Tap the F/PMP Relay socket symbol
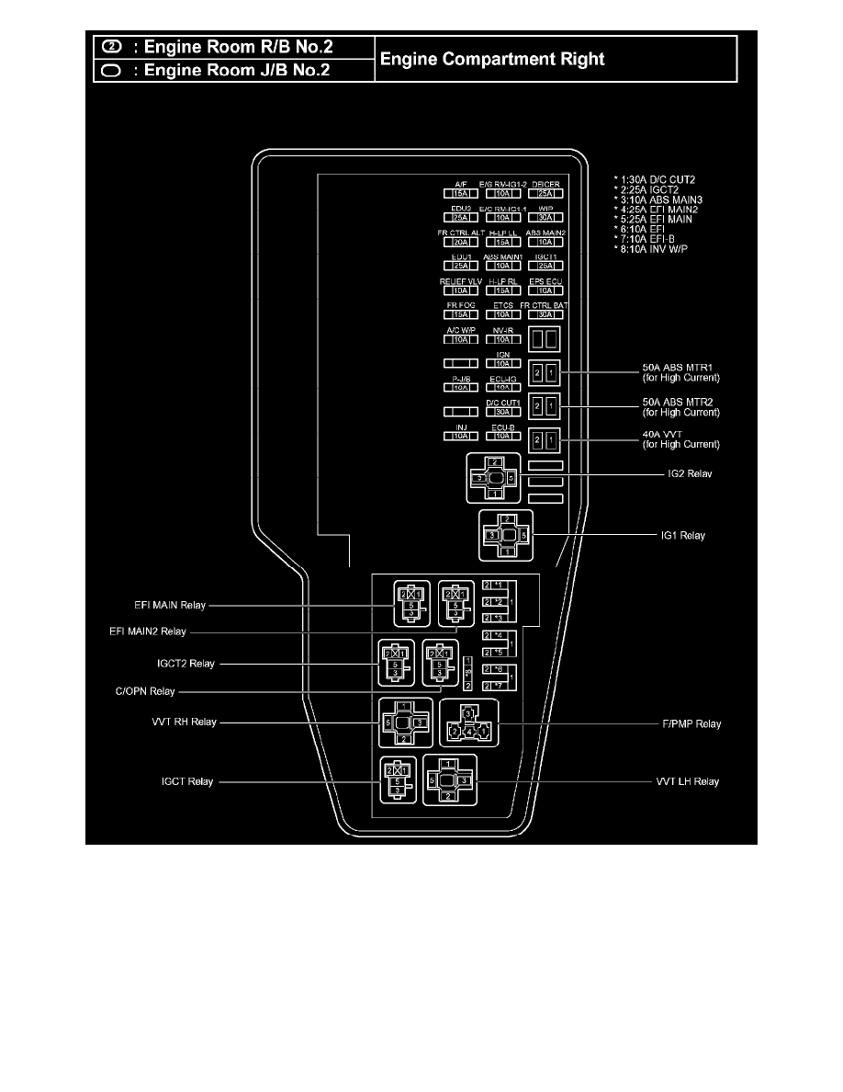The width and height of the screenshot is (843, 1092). point(466,724)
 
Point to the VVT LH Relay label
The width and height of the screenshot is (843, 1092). point(688,781)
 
